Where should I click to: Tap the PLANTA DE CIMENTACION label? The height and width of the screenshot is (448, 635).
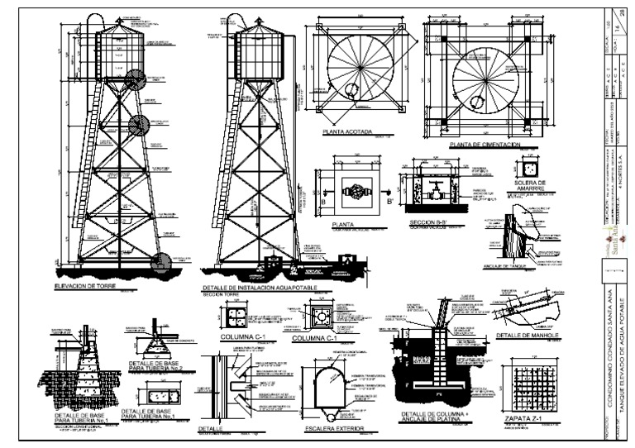[x=484, y=145]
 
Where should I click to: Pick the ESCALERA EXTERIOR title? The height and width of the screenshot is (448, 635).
[x=335, y=428]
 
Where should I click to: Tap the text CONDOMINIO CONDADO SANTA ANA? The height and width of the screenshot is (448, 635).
[x=610, y=364]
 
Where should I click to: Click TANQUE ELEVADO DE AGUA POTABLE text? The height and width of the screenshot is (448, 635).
[x=623, y=364]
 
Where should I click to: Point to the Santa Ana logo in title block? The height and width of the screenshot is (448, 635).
[x=614, y=241]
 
